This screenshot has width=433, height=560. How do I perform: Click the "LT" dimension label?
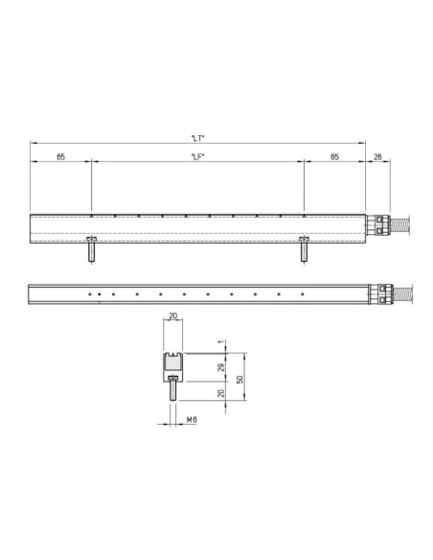point(198,138)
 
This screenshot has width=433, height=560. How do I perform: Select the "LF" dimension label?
point(198,157)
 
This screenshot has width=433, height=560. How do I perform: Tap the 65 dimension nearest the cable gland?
point(334,157)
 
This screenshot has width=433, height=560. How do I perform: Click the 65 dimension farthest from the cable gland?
point(60,157)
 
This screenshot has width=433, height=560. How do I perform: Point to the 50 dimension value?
point(240,380)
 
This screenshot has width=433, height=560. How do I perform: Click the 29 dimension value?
point(221,367)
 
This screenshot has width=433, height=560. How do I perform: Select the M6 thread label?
point(192,420)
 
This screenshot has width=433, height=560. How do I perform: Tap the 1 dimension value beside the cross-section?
point(221,342)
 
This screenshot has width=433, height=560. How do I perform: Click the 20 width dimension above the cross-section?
point(173,315)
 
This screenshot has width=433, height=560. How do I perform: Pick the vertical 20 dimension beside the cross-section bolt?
point(221,393)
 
